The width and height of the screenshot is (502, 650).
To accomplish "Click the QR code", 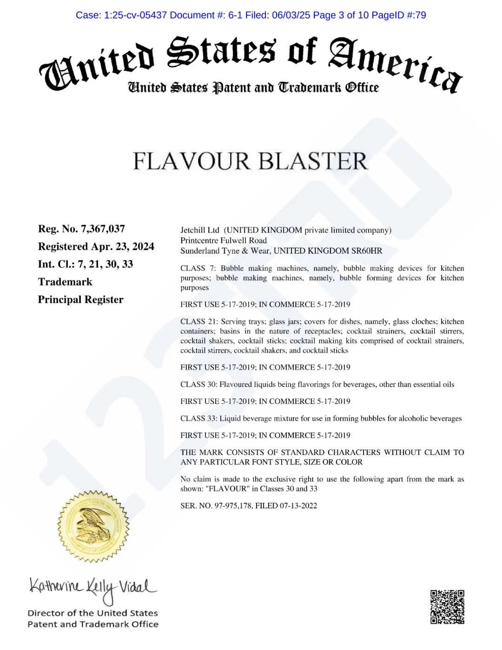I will point(447,607).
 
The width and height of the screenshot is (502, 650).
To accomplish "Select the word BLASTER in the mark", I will point(312,161).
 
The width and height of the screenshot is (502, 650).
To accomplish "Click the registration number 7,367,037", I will point(103,228).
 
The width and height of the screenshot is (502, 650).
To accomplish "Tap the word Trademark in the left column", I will point(65,281).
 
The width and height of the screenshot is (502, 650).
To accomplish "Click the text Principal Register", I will point(80,299).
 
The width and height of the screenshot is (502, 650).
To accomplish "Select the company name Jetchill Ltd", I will point(200,230).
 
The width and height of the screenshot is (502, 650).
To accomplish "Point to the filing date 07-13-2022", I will point(298,505).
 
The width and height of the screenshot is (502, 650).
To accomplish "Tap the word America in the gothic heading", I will point(395,65).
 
